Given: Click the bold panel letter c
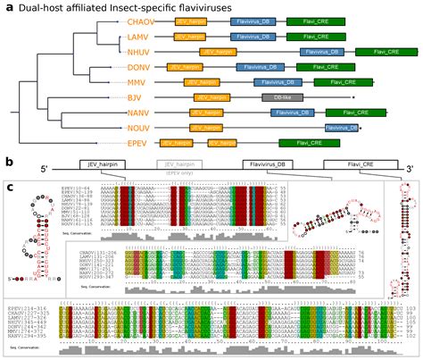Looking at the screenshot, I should (9, 187).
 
